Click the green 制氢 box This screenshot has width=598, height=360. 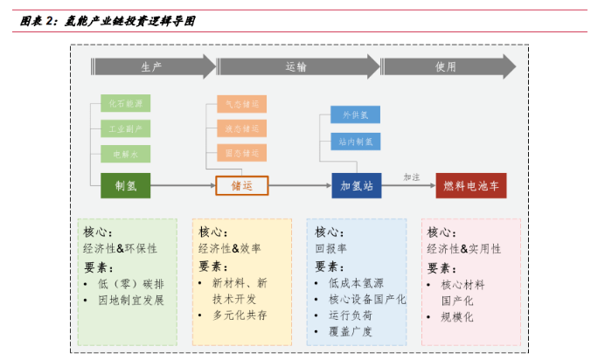(x=126, y=185)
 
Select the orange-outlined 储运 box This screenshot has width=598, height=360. (x=241, y=185)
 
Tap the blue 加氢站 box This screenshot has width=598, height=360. (x=356, y=185)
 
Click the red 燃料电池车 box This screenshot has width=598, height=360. (x=471, y=185)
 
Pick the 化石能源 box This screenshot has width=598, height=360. (x=125, y=104)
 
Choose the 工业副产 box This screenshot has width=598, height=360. (x=125, y=128)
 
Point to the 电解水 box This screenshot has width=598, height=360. (x=125, y=154)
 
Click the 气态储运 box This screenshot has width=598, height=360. (x=241, y=105)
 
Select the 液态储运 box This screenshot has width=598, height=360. (x=241, y=129)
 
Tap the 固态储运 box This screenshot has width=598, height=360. (x=241, y=154)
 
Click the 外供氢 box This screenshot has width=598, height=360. (x=356, y=115)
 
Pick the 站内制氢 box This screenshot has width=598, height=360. (x=356, y=140)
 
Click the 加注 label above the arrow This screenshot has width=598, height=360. (x=412, y=177)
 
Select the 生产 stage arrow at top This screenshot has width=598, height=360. (x=152, y=66)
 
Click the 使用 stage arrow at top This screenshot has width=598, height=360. (x=446, y=66)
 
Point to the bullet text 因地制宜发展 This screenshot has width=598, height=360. (x=130, y=301)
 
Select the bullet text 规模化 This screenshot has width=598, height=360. (x=457, y=317)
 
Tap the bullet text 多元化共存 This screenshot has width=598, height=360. (x=240, y=315)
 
